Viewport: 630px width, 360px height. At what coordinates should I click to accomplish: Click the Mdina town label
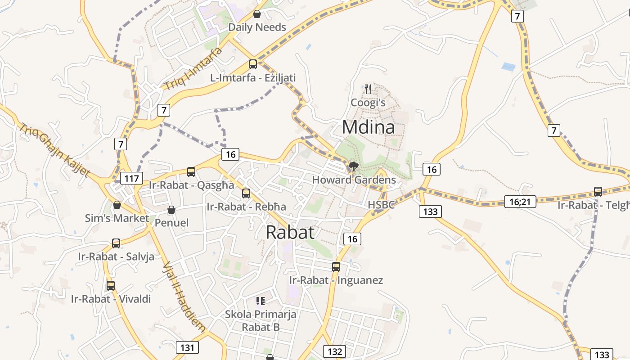coord(368,127)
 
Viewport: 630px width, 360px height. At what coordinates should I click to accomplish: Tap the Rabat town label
coord(290,232)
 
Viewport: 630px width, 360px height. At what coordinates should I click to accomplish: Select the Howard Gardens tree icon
coord(354,167)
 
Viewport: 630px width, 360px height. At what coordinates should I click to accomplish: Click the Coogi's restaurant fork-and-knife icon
coord(369,89)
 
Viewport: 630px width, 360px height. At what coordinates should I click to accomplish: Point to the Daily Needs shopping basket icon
coord(257,14)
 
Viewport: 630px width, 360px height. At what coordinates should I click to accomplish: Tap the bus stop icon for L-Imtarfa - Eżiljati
coord(253,64)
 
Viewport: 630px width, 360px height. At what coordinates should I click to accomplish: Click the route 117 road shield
coord(131,178)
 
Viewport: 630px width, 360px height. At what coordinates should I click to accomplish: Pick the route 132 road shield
coord(334,351)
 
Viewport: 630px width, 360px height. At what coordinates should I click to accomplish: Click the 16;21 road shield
coord(520,202)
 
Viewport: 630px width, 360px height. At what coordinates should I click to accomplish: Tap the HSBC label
coord(381,205)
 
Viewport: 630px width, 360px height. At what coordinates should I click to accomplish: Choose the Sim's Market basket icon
coord(117,205)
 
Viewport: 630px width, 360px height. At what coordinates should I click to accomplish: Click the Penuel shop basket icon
coord(171,210)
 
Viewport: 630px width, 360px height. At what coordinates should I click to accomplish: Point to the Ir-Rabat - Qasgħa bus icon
coord(191,171)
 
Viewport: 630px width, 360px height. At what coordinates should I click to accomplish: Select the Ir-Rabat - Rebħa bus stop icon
coord(246,193)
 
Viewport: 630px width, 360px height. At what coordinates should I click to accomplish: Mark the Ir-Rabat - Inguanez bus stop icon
coord(336,266)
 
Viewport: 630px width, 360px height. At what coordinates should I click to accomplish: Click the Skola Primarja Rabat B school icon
coord(260,301)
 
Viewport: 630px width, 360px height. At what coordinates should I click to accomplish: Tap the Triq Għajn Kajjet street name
coord(54,150)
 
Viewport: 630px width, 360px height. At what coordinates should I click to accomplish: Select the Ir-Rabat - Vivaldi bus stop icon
coord(111,285)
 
